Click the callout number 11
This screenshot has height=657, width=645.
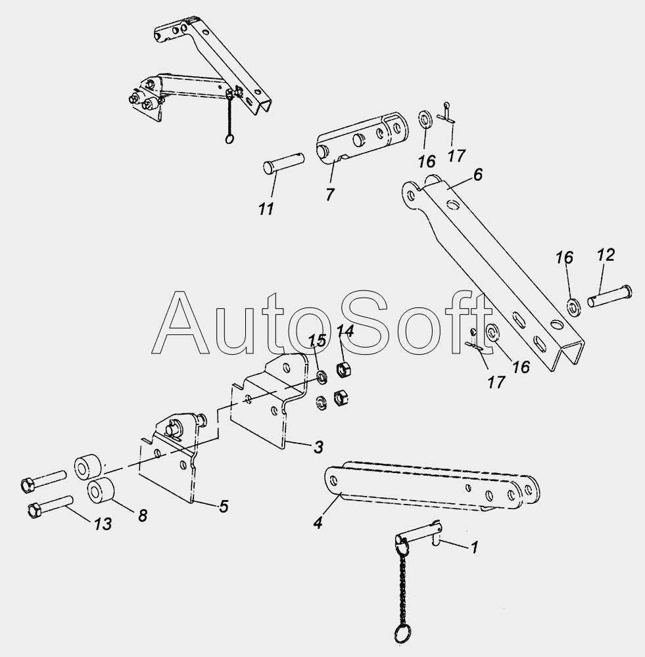click(x=266, y=209)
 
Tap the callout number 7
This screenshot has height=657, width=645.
click(x=330, y=194)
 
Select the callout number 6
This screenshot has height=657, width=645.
click(x=478, y=175)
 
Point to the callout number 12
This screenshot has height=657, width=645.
click(x=606, y=255)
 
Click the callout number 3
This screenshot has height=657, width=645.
click(x=318, y=447)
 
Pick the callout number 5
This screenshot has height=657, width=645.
click(x=224, y=506)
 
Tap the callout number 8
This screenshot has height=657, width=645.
click(x=143, y=515)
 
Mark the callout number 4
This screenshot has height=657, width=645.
click(x=318, y=522)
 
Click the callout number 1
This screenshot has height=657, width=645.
click(x=474, y=547)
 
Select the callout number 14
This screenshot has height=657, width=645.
click(x=345, y=331)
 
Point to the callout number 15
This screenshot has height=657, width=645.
click(x=318, y=340)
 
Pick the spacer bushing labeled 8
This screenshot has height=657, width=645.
click(x=101, y=490)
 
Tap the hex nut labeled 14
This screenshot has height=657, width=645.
click(x=344, y=369)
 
